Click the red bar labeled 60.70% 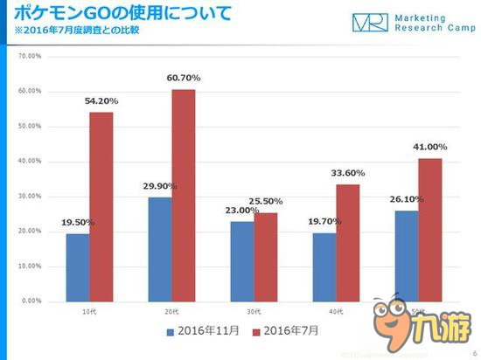click(184, 195)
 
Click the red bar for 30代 click(266, 256)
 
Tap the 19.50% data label click(78, 223)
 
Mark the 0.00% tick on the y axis click(30, 301)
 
